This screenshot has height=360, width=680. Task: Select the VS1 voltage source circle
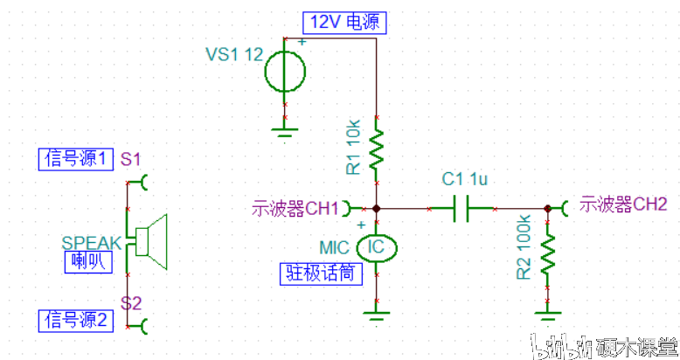[285, 71]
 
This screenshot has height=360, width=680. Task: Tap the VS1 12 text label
[234, 54]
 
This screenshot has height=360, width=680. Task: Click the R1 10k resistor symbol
[376, 150]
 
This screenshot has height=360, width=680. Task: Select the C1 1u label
[464, 179]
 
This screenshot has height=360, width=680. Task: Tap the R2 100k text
[524, 248]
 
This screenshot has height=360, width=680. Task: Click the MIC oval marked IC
[376, 247]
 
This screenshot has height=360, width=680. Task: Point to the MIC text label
[335, 246]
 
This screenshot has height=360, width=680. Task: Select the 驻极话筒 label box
[320, 273]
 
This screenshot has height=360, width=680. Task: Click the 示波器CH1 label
[295, 209]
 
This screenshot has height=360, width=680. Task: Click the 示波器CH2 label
[623, 204]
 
